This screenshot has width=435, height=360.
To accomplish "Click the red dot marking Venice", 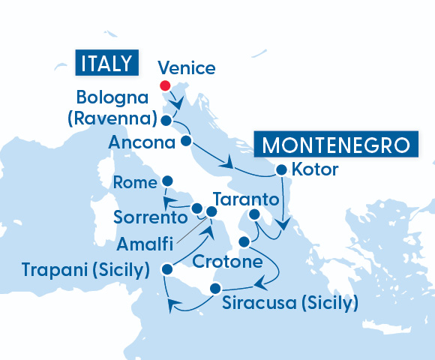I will pos(165,85).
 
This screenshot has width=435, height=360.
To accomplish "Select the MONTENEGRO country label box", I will pos(334,144).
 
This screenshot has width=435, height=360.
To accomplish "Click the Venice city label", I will pos(187,69).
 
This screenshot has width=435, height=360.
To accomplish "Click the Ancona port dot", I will pos(187,141).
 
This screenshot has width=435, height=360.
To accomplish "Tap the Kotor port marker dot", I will pos(281,169).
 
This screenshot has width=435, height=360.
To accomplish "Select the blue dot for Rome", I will pos(167,181).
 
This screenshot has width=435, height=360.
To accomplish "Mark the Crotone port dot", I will pos(243,242).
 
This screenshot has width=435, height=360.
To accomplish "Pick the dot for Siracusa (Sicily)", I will pos(215,289).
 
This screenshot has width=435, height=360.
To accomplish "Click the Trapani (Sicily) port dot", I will pos(167,268).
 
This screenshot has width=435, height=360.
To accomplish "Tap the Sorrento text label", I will pos(150,218).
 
